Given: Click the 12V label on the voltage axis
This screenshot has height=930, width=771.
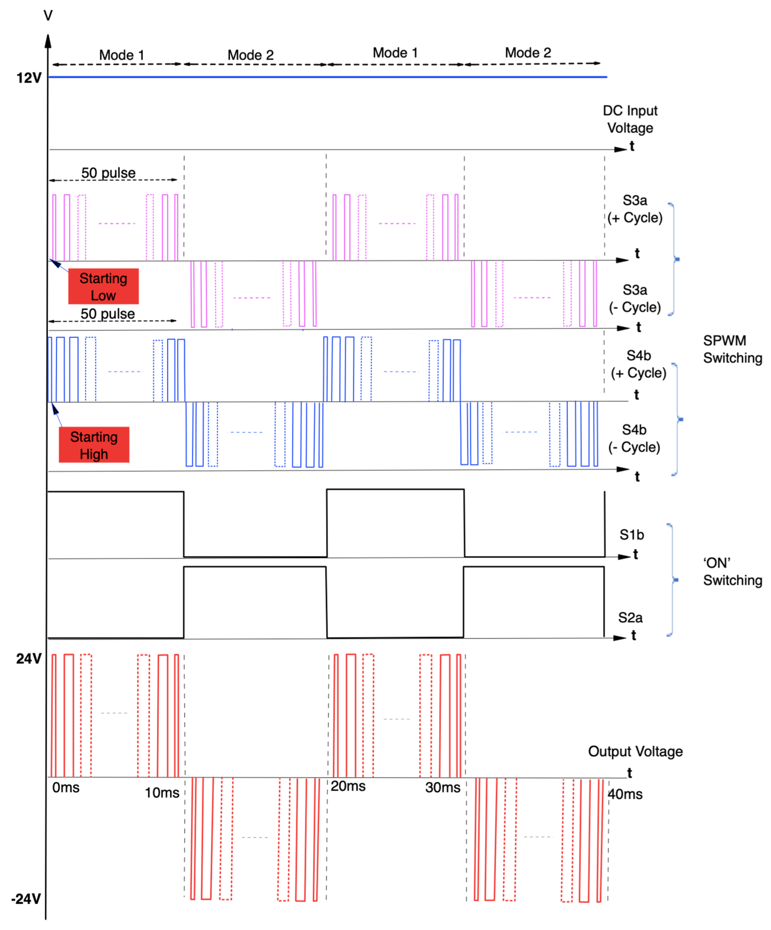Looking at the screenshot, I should coord(29,78).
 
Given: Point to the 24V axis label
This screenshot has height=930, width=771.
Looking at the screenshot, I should coord(29,658).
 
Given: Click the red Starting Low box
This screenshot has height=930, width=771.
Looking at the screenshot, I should coord(103,287).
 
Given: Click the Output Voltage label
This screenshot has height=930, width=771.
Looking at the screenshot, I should coord(635,751).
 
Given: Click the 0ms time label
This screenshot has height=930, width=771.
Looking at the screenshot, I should coord(66,787).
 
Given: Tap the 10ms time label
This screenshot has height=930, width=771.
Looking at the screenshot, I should coord(162,793).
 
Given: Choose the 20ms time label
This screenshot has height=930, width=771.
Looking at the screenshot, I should coord(348,786).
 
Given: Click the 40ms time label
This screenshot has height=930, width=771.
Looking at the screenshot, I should coord(625,794).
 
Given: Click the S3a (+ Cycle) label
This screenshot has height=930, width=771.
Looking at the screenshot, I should coord(635,209).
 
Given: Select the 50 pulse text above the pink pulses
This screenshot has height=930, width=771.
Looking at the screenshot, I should coord(108,173).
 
